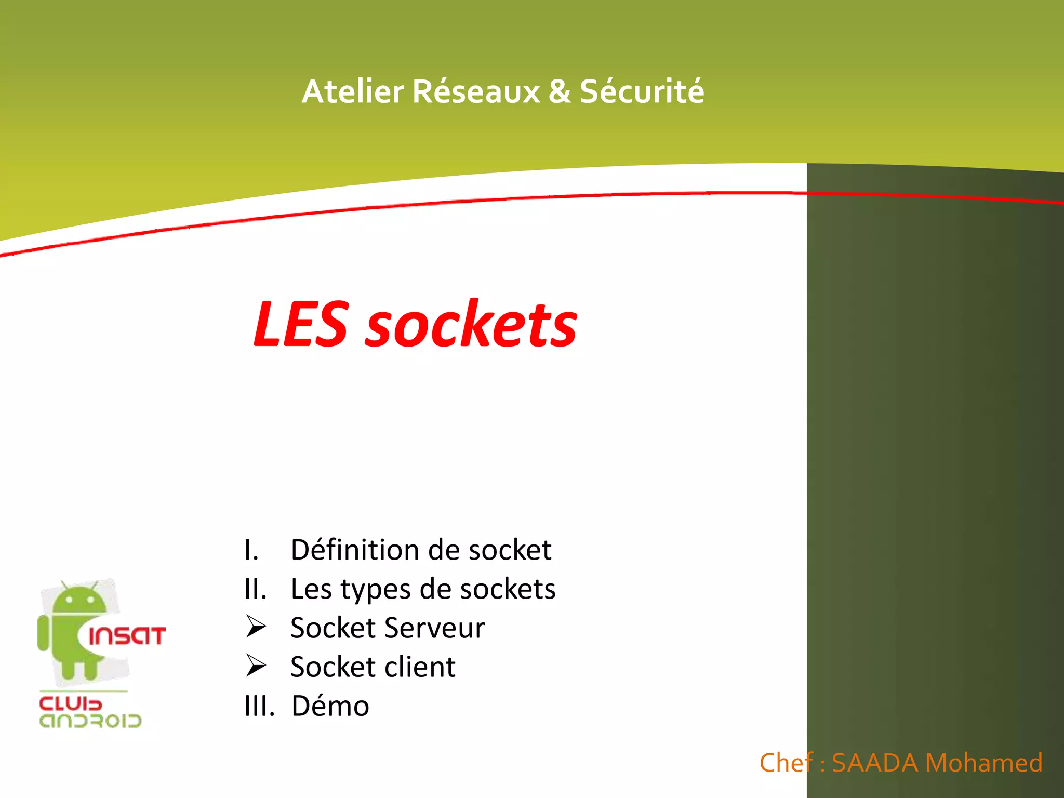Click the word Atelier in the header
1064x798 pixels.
[353, 92]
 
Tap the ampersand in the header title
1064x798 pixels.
[560, 92]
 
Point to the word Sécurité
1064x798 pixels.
[642, 92]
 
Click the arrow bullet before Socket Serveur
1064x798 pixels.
[256, 627]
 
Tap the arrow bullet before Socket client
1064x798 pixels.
[256, 666]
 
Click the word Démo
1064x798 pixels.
[330, 706]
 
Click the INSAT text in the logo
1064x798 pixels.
[127, 636]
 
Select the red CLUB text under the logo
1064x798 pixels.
[71, 704]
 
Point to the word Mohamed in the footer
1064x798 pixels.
[984, 763]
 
